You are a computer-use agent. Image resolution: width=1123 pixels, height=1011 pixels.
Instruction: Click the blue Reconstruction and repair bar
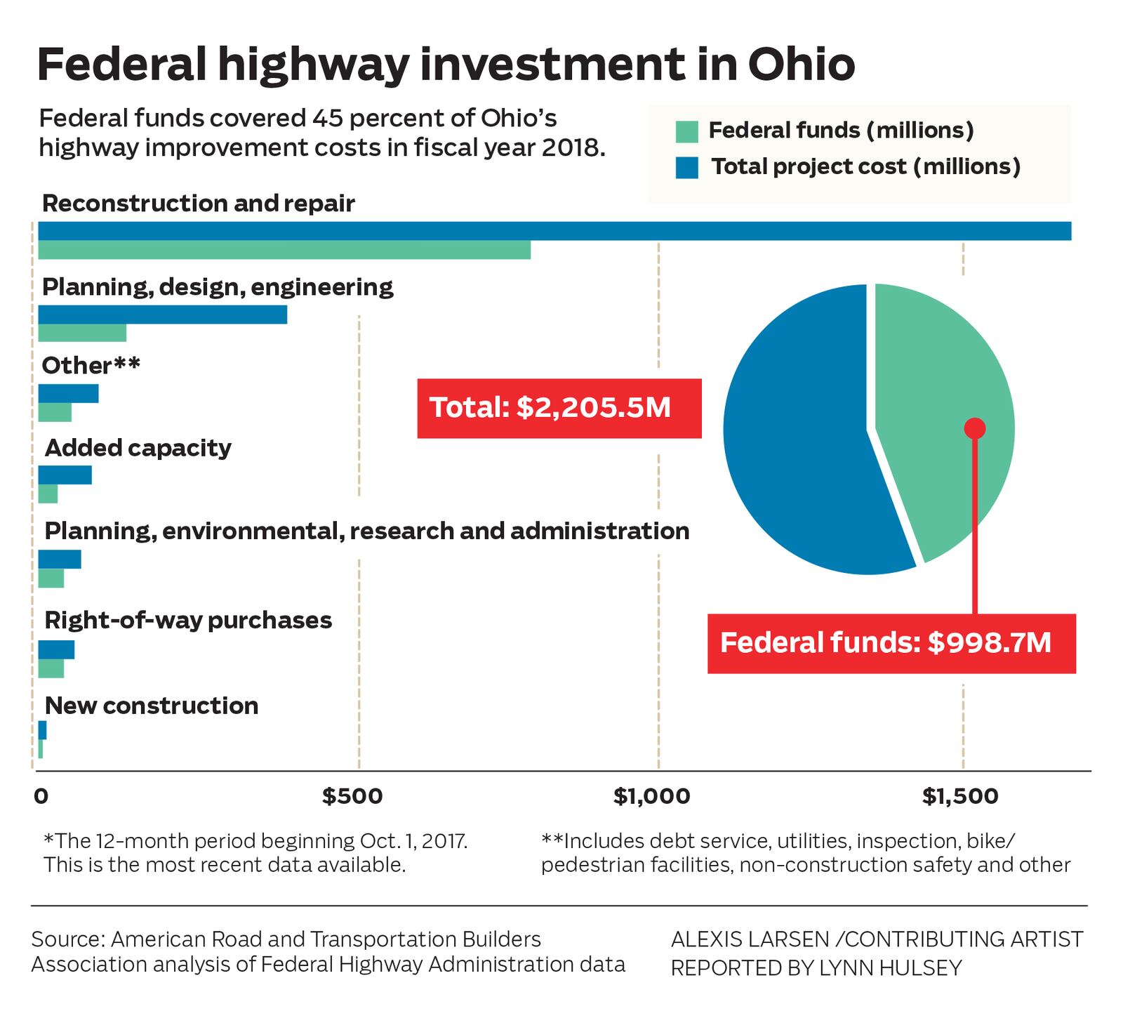(x=554, y=231)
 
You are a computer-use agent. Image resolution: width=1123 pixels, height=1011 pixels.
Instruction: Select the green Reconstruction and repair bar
(x=284, y=251)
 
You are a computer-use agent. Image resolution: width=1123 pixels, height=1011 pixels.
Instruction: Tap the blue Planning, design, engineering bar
(x=163, y=315)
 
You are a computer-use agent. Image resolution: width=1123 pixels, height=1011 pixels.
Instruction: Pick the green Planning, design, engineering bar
(x=82, y=333)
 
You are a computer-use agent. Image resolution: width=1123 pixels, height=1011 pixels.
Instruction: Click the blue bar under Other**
(x=68, y=394)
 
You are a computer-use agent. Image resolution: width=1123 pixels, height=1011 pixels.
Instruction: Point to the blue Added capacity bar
(x=65, y=475)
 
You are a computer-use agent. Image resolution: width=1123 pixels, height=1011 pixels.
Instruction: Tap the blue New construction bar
(x=42, y=730)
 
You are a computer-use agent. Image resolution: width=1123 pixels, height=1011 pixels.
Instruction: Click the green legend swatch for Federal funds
(x=687, y=131)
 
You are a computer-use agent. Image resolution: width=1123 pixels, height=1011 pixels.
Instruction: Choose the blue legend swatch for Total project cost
(x=687, y=168)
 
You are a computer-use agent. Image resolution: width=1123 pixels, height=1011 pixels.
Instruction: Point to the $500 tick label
(x=352, y=796)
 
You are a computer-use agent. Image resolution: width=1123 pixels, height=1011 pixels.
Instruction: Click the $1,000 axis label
(x=652, y=796)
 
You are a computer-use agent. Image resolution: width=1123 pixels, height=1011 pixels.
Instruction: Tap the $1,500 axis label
(x=960, y=796)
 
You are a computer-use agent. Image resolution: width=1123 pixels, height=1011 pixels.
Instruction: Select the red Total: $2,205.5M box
(x=559, y=408)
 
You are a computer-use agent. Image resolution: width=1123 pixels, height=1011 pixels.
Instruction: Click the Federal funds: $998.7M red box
(x=891, y=643)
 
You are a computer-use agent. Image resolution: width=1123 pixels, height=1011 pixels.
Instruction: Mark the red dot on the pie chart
(x=975, y=428)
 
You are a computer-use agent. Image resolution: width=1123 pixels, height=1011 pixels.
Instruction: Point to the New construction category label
(x=152, y=705)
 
